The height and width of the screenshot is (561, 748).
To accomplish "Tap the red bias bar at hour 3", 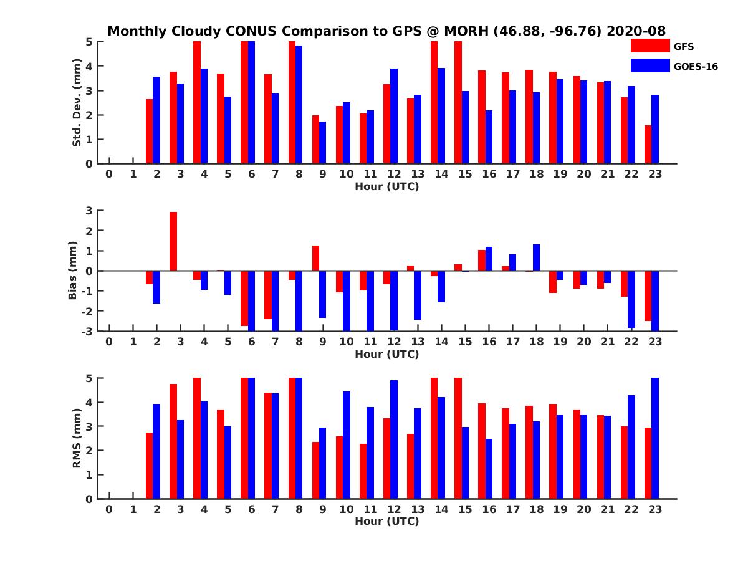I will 173,241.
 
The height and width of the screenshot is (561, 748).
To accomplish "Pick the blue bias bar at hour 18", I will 536,257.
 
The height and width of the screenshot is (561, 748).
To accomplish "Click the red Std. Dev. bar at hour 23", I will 648,144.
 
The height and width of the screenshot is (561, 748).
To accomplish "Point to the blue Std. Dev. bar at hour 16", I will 489,137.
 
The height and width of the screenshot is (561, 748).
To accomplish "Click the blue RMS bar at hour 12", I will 394,439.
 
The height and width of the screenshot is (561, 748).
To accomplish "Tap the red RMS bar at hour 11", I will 363,471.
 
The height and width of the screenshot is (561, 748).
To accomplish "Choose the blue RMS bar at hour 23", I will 655,438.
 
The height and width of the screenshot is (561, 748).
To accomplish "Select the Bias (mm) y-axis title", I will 73,271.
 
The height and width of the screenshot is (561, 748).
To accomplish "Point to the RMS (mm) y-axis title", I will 77,438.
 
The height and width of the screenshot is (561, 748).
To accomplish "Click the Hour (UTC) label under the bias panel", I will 386,354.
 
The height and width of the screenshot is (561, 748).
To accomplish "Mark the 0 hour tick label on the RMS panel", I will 109,509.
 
